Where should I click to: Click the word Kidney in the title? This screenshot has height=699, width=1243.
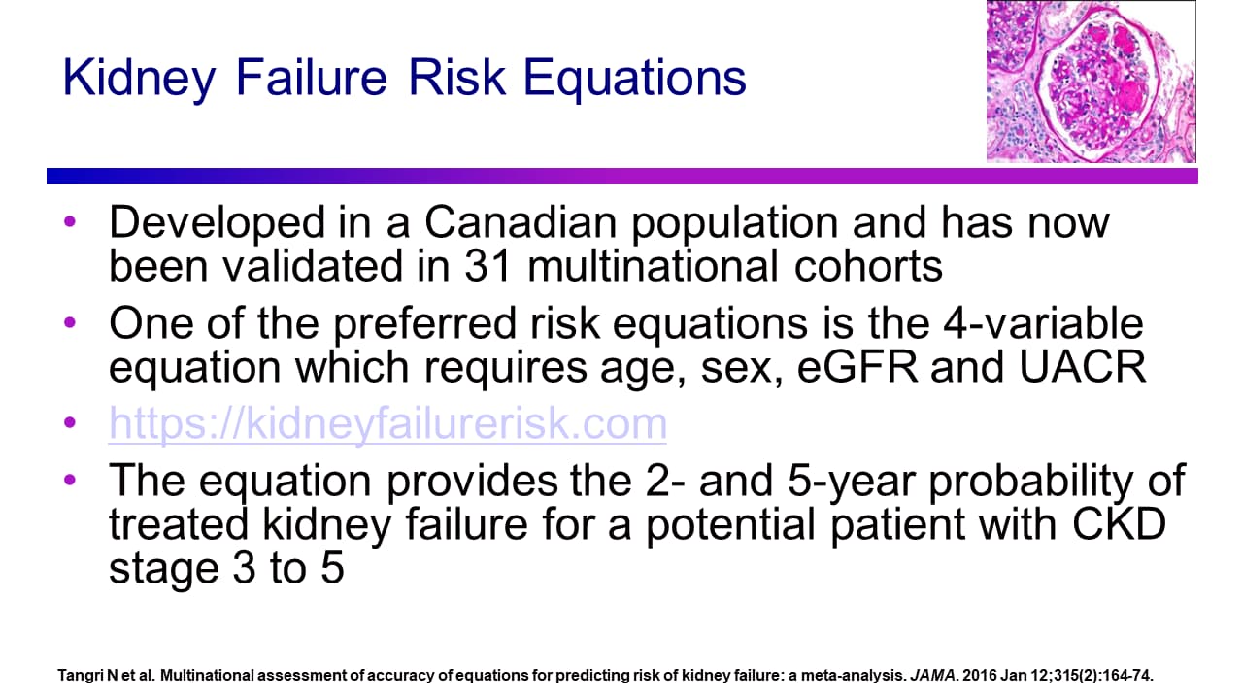140,79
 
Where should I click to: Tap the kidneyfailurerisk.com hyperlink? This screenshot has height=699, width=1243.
387,423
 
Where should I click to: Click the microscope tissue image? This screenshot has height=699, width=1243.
1091,81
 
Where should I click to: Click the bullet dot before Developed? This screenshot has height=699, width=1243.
69,222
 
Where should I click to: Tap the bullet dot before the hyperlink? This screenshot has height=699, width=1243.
69,423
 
